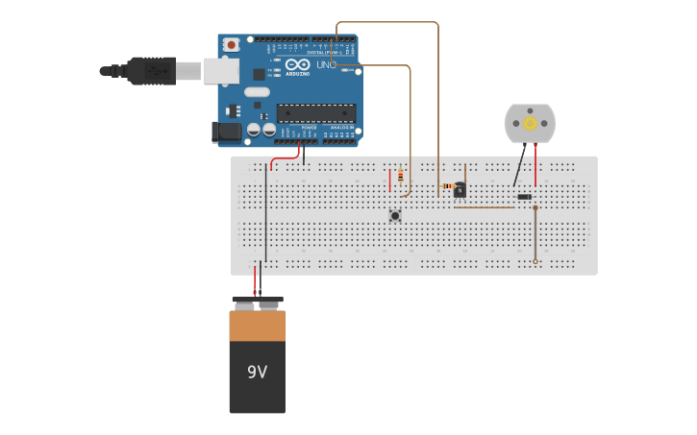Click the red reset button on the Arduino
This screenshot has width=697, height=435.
[x=231, y=44]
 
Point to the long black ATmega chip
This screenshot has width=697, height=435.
[x=316, y=112]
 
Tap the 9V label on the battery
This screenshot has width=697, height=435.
[x=257, y=372]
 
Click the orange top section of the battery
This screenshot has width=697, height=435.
[x=257, y=326]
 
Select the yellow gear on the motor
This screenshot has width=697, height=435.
[x=530, y=123]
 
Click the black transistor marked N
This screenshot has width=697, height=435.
[x=461, y=190]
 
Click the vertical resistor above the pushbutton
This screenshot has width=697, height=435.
[x=401, y=176]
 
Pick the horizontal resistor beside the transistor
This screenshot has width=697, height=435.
[x=447, y=185]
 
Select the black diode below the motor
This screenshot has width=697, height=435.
[x=524, y=197]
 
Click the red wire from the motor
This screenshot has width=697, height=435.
[x=535, y=165]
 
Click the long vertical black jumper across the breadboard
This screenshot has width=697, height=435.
[x=266, y=216]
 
